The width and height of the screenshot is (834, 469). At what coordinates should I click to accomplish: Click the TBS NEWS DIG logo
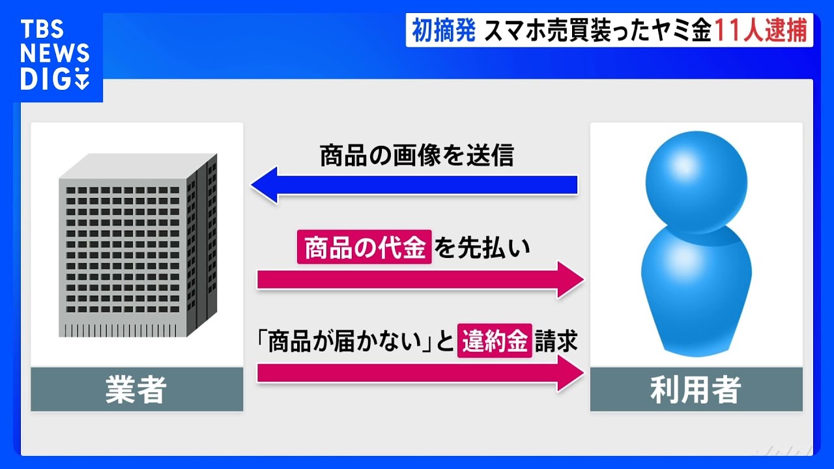pos(55,55)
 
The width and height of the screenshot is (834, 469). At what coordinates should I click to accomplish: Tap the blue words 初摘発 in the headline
pos(444,30)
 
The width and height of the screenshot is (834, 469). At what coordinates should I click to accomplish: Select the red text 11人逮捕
pos(760,30)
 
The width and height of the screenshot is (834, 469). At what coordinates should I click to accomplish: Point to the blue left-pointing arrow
pos(414,185)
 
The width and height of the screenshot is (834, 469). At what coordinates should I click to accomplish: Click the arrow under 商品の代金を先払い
pos(421,280)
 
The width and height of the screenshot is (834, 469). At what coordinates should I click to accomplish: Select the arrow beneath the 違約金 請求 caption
pos(421,373)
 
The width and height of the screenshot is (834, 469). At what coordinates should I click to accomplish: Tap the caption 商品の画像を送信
pos(417,155)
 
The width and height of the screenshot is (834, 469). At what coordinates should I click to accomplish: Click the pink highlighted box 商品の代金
pos(364,247)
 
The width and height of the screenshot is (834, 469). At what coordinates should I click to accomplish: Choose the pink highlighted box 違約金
pos(495,341)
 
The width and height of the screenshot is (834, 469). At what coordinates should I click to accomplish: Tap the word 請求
pos(556,341)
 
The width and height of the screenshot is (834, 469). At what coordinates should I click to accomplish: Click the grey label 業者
pos(137,390)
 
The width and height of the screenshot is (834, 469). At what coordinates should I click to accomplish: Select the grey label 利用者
pos(697,390)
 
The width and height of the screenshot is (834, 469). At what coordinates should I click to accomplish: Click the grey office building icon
pos(137,246)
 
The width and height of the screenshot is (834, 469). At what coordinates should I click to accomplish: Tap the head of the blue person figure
pos(697,182)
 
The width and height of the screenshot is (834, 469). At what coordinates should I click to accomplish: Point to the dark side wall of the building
pos(202,246)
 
